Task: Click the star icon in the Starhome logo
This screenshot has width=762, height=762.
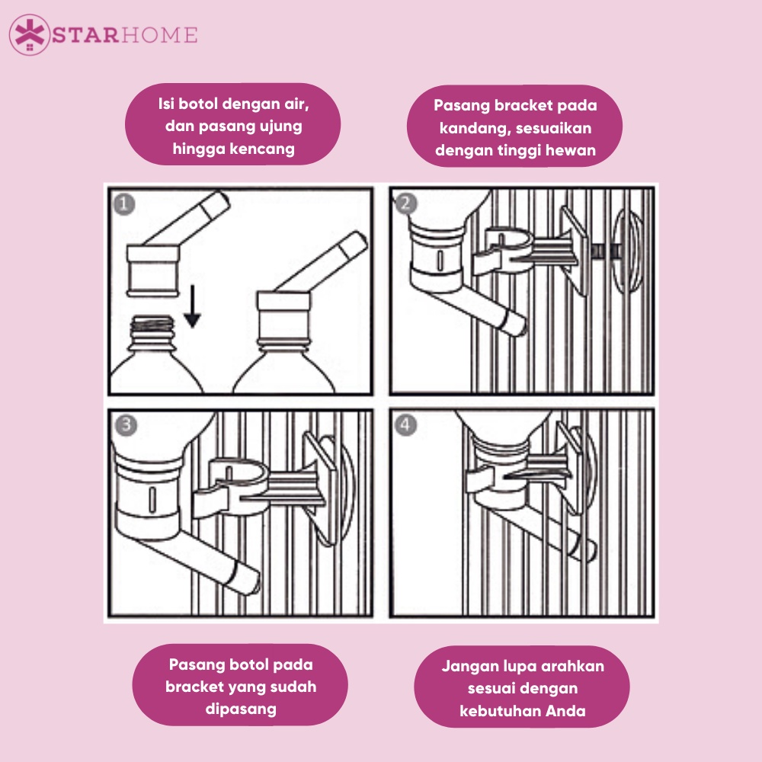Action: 30,34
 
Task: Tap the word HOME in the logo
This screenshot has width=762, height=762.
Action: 159,36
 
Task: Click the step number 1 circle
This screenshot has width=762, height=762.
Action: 124,204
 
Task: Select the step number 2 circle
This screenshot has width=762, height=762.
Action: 406,203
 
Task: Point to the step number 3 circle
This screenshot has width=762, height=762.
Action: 126,425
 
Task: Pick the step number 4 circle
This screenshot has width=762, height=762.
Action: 406,425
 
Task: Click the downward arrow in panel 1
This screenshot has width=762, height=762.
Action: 193,306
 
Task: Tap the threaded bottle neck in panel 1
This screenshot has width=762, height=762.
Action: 152,325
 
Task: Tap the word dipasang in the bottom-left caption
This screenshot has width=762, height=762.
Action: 241,709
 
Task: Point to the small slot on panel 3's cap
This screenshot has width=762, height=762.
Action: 152,499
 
